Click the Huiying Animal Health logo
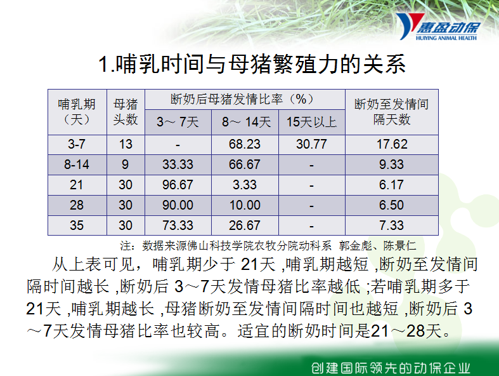[437, 27]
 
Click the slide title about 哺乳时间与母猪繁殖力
[252, 64]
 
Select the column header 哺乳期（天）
[77, 112]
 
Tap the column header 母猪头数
[126, 112]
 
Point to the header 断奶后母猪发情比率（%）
[242, 99]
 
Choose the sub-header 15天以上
[311, 122]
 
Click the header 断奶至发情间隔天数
[391, 112]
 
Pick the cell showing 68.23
[244, 144]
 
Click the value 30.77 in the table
[311, 144]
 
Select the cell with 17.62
[392, 144]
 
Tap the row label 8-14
[77, 165]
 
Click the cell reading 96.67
[178, 185]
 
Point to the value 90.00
[178, 205]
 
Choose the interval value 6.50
[391, 205]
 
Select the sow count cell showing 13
[126, 144]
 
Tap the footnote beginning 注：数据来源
[268, 246]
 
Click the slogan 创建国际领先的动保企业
[391, 368]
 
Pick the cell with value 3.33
[244, 185]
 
